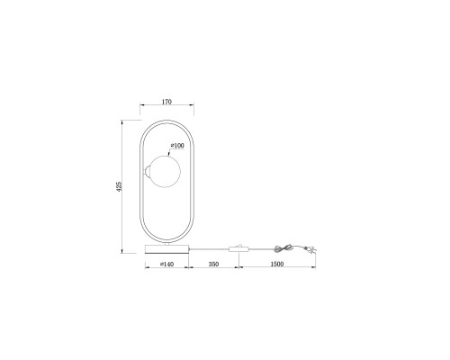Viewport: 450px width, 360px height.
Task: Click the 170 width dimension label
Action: coord(166,102)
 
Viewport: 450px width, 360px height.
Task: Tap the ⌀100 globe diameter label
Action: coord(177,146)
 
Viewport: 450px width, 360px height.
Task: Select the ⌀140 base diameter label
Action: coord(166,265)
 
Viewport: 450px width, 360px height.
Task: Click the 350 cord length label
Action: coord(214,265)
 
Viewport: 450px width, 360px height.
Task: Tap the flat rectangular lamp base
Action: coord(166,247)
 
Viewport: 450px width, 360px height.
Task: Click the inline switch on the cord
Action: coord(238,247)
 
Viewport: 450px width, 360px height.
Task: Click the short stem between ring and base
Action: coord(166,241)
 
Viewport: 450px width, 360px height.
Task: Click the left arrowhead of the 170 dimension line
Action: coord(141,106)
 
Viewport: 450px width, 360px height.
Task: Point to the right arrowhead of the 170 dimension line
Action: coord(192,106)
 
